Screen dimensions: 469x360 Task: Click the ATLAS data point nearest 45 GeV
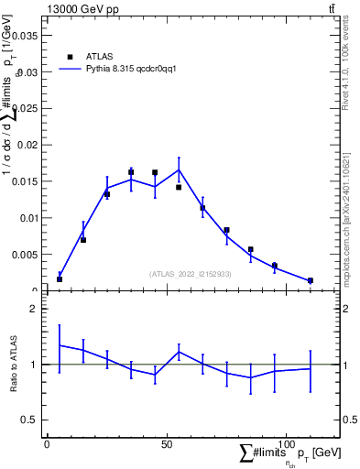(155, 172)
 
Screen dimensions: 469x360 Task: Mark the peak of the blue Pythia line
(179, 169)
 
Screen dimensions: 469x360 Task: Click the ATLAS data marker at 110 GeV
(310, 280)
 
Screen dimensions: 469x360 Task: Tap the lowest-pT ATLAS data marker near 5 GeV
(60, 278)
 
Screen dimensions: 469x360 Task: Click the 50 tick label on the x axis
(166, 444)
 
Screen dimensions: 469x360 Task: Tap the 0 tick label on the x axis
(47, 444)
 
